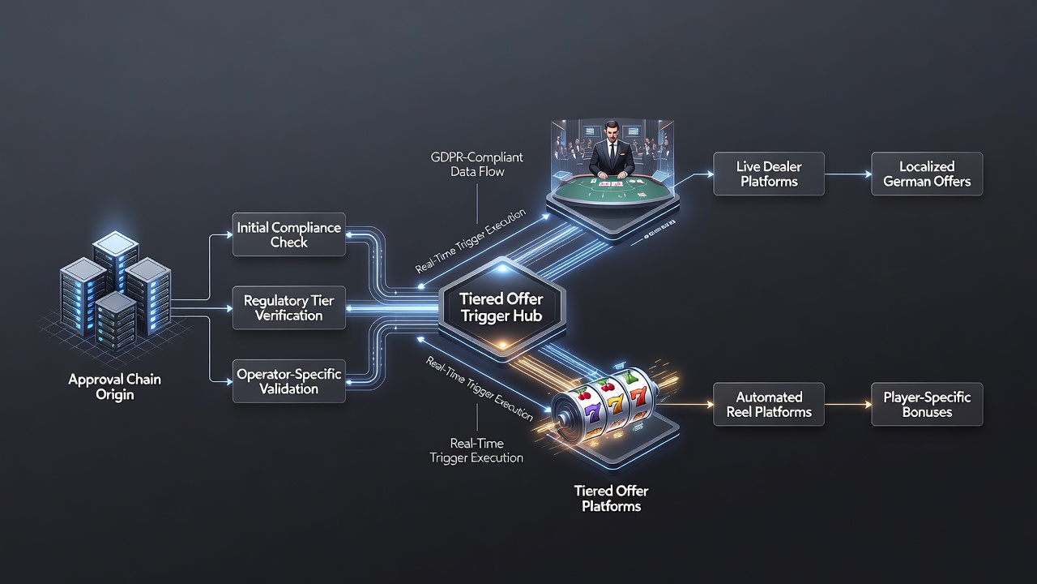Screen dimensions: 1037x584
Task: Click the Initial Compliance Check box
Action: coord(289,234)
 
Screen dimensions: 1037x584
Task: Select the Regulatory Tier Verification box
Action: coord(289,307)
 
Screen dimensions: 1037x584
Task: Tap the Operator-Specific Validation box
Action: coord(289,381)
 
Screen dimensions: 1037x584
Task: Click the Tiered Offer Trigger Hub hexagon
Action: coord(501,307)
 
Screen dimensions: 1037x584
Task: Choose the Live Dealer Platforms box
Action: coord(769,174)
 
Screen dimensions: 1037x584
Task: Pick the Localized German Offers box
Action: coord(927,174)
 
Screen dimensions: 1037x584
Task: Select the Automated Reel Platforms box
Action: coord(769,404)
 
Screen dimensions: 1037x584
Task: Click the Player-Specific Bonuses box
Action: coord(927,404)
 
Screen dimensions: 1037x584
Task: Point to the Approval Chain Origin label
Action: coord(115,387)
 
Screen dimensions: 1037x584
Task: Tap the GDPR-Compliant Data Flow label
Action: coord(477,165)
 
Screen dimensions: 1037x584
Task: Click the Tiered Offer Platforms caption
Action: coord(611,498)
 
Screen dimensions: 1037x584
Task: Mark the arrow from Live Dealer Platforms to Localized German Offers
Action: coord(848,174)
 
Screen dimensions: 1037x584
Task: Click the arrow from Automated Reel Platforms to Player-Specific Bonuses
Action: coord(848,405)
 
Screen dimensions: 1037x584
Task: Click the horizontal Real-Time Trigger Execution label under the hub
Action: coord(476,450)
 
